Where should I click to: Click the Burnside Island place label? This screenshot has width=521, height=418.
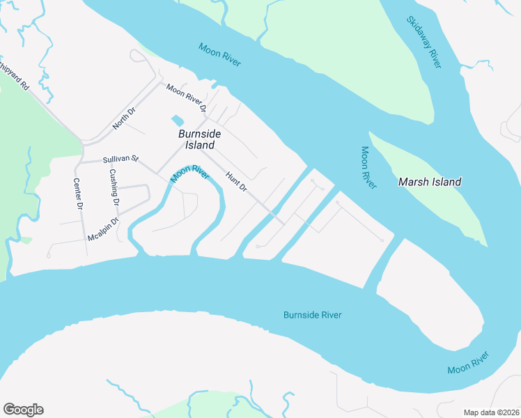200,139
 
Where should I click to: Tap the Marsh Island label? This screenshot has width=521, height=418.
429,182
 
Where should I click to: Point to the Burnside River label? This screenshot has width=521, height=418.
312,315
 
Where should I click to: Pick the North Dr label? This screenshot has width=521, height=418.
124,119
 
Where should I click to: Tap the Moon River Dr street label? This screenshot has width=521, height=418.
187,98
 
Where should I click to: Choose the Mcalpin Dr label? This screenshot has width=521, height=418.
104,230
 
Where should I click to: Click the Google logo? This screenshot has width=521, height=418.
23,410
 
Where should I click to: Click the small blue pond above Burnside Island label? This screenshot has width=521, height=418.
178,121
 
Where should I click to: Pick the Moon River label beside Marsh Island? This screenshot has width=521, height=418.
368,167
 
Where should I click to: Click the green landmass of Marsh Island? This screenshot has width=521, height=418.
446,202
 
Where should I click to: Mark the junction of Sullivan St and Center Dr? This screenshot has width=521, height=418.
79,162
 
